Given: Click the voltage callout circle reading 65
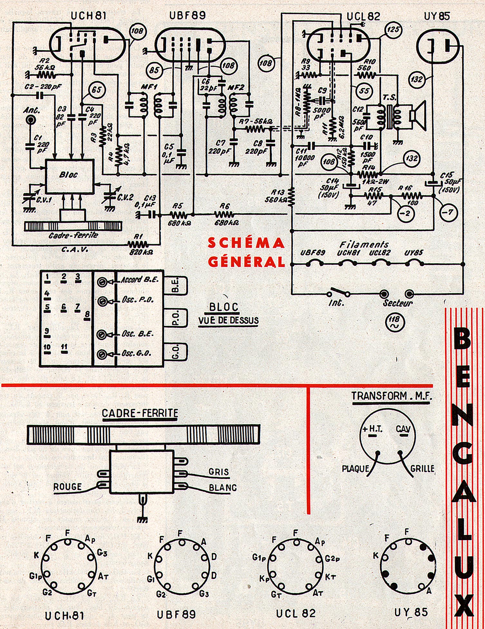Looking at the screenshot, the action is coord(97,90).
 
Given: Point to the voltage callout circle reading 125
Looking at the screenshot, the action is coord(393,30).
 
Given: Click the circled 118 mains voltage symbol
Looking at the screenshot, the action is coord(395,322).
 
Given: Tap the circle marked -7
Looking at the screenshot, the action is coord(448,212).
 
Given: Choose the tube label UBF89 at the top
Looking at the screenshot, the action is coord(187,15).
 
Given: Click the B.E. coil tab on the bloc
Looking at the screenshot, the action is coord(176,285).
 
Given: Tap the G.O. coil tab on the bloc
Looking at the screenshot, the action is coord(176,352).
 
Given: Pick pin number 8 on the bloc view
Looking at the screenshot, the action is coord(87,315).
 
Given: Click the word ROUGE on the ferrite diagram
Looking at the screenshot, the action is coord(68,486).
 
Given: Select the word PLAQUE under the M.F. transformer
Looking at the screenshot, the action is coord(356,468).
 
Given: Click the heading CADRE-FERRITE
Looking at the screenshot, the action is coord(140,413).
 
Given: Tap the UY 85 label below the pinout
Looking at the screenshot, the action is coord(411,612).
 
